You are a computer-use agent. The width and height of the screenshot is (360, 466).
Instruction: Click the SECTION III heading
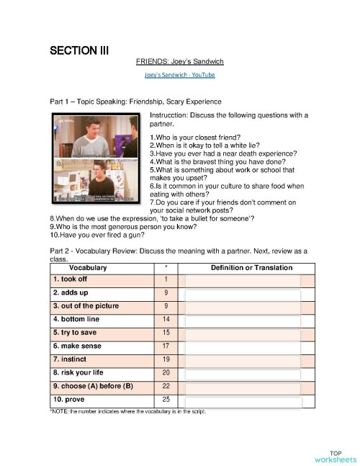pos(79,50)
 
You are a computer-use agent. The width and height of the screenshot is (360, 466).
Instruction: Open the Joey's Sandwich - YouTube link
pos(180,75)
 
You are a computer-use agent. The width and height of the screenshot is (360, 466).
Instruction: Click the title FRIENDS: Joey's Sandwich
pos(180,63)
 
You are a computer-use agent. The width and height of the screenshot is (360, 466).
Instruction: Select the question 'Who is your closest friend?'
pos(195,138)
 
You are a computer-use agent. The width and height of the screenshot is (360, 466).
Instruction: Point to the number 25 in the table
pos(166,399)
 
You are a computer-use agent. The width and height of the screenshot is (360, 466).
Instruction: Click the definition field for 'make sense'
pos(243,346)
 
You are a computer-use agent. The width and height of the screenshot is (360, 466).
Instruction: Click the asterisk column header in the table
pos(166,268)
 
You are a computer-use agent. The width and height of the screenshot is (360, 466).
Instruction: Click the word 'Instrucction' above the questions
pos(170,115)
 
